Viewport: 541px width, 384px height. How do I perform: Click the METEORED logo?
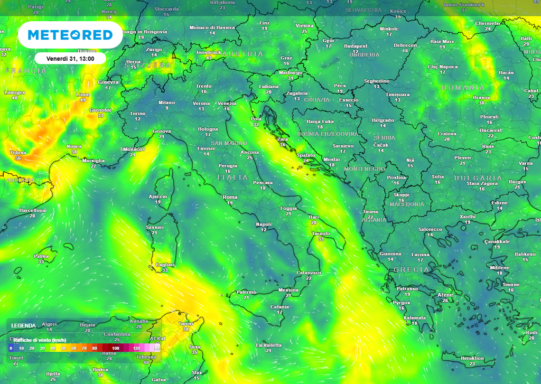(70, 35)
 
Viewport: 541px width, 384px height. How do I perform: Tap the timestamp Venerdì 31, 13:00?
(70, 59)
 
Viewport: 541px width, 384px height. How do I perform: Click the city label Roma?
(230, 197)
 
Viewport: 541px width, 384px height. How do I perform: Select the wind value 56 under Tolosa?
(18, 158)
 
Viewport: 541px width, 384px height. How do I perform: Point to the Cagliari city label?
(165, 265)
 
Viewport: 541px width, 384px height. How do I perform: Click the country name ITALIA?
(232, 177)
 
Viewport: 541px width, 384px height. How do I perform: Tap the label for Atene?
(445, 295)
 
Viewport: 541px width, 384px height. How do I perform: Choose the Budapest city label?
(356, 46)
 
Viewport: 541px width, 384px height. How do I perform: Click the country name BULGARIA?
(478, 178)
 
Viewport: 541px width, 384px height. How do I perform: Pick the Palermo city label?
(246, 292)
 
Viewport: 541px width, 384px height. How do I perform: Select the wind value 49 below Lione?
(83, 100)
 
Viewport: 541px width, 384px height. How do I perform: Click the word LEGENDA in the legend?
(24, 325)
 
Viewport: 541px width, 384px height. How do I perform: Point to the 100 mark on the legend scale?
(115, 349)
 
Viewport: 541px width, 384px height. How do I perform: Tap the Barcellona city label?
(32, 210)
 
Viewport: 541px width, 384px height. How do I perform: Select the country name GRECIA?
(411, 269)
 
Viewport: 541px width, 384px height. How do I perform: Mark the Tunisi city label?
(185, 323)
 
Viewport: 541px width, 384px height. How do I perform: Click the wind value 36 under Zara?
(283, 145)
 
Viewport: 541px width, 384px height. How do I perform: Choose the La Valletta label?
(268, 345)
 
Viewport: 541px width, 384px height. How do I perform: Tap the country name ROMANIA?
(463, 87)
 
